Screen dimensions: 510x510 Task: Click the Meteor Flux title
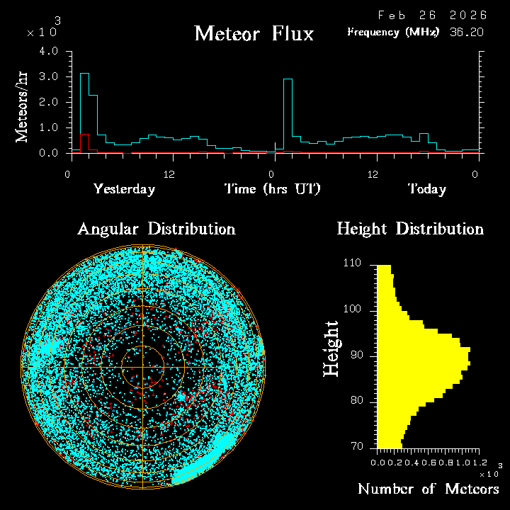pos(254,33)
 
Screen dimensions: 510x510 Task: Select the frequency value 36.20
pos(467,32)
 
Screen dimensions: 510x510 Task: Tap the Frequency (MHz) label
pos(393,32)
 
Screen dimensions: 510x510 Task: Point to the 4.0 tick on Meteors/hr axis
pos(49,52)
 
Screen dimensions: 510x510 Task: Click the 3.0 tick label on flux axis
pos(49,76)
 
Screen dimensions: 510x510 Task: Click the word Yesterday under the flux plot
pos(125,189)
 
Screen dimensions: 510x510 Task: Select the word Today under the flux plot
pos(426,189)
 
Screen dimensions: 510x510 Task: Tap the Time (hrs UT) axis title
pos(273,189)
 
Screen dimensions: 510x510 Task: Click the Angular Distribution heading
pos(157,229)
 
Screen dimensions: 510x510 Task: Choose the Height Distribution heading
pos(410,229)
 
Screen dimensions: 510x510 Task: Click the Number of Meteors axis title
pos(429,489)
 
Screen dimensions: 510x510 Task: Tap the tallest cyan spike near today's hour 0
pos(288,113)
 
